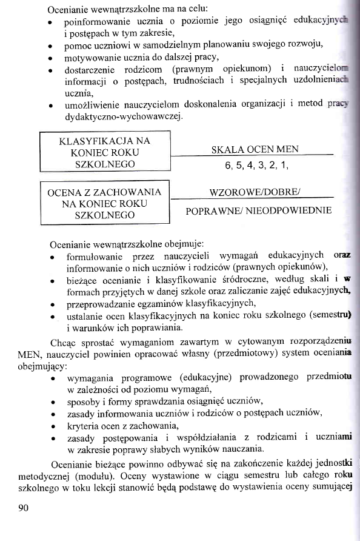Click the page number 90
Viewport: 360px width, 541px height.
click(24, 508)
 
